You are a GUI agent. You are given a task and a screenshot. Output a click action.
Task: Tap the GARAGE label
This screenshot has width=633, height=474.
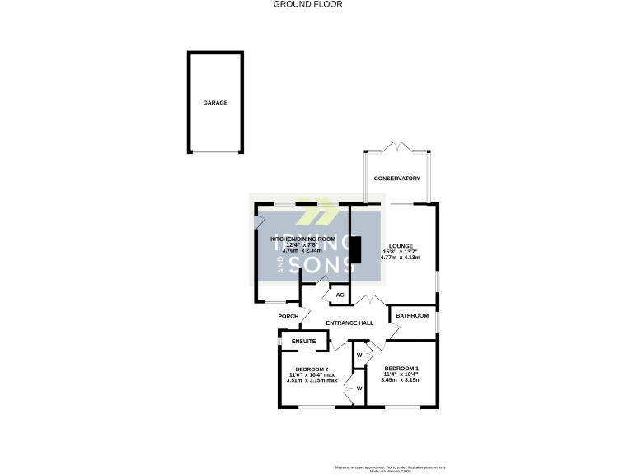click(215, 103)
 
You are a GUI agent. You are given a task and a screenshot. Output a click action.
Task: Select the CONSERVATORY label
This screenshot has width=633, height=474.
click(397, 179)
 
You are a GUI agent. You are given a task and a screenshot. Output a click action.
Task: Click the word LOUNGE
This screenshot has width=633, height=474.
click(401, 244)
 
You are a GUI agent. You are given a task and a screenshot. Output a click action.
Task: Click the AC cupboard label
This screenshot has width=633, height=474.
click(339, 295)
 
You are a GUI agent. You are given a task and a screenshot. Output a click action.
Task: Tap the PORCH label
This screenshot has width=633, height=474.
click(288, 316)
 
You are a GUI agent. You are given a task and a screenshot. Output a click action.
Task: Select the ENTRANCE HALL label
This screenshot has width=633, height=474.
click(350, 323)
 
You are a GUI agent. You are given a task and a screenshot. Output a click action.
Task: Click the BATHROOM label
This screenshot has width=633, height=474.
click(412, 316)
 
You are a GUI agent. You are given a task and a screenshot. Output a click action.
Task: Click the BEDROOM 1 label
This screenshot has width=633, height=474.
click(403, 368)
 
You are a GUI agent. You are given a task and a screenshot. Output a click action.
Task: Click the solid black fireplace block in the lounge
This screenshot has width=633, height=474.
click(355, 253)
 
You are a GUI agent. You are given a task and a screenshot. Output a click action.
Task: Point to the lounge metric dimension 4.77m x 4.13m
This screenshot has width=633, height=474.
click(401, 258)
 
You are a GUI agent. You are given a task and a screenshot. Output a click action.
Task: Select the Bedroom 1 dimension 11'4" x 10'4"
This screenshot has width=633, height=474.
click(403, 374)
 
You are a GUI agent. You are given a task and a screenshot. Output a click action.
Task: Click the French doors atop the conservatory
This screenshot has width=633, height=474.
click(398, 148)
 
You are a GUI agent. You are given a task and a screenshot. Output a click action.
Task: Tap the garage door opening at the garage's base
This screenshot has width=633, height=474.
click(216, 152)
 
